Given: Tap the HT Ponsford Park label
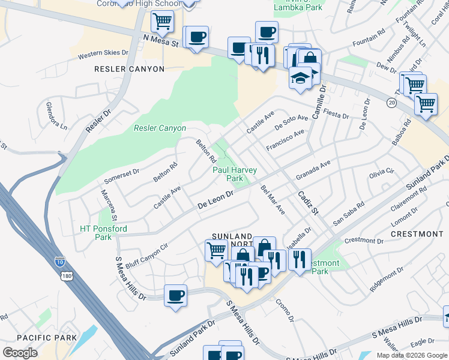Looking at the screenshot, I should point(103,233).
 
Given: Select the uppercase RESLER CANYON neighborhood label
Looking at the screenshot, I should point(129,69).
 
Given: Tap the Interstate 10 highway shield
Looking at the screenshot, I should point(59,261).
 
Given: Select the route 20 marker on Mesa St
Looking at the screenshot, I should point(391,103).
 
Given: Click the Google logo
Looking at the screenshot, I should point(20,352).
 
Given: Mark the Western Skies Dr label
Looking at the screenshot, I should point(103,54).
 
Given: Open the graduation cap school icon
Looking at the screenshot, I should point(300,77).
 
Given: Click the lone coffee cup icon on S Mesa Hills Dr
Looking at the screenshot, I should point(175,295).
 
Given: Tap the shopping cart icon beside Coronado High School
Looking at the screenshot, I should point(162,22).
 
